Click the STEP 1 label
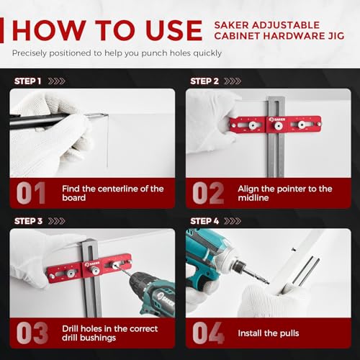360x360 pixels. tap(27, 81)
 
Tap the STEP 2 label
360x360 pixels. tap(204, 81)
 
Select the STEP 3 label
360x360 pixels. tap(27, 221)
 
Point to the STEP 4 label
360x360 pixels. tap(205, 221)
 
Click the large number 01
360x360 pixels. tap(30, 193)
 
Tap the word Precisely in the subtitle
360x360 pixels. tap(32, 53)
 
